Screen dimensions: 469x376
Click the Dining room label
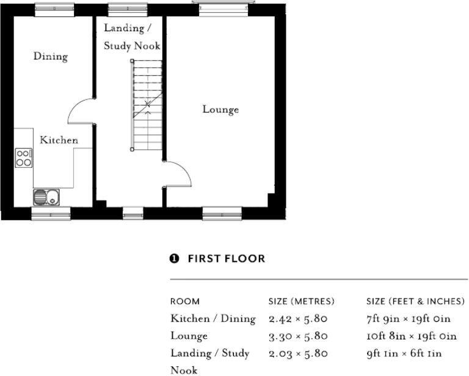[x=51, y=56]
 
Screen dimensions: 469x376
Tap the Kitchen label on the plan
[x=59, y=140]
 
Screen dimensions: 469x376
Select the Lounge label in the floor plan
[x=220, y=109]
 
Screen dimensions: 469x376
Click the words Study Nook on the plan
[x=132, y=46]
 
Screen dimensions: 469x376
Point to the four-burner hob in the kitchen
[x=24, y=158]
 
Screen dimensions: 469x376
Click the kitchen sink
[x=46, y=197]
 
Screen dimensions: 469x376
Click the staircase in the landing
[x=147, y=105]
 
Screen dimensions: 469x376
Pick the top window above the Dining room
[x=54, y=9]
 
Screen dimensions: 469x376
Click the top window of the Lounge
[x=224, y=8]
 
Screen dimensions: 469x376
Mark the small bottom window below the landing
[x=133, y=214]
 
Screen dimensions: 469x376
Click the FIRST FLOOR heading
[x=227, y=259]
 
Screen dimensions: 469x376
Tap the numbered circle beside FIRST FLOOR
[x=174, y=259]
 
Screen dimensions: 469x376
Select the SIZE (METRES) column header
[x=301, y=302]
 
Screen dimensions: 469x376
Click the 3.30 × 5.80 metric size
[x=298, y=336]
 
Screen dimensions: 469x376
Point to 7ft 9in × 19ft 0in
[x=409, y=319]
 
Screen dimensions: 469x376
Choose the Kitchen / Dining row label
[x=213, y=319]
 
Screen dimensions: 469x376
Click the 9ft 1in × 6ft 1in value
[x=404, y=353]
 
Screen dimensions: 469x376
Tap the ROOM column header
[x=185, y=302]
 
